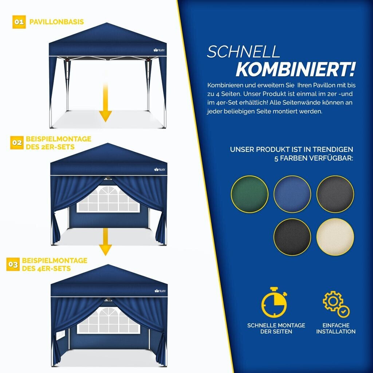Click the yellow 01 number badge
(19, 22)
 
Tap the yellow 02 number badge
(17, 143)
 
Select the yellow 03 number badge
(13, 264)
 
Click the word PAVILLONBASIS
(56, 22)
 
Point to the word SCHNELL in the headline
(243, 52)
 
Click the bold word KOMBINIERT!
(295, 69)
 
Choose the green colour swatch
(250, 194)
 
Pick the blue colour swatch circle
(292, 194)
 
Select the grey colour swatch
(335, 194)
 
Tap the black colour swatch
(292, 237)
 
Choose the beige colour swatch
(335, 237)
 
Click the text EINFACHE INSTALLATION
(336, 328)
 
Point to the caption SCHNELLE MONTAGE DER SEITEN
(276, 328)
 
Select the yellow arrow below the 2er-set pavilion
(105, 242)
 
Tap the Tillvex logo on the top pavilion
(159, 50)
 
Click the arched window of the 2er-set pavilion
(108, 199)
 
